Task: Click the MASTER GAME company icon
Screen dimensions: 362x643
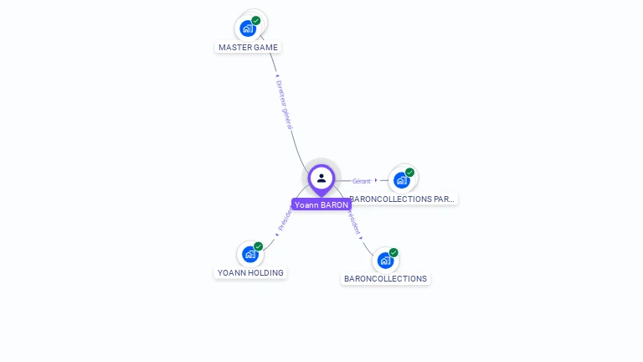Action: coord(248,28)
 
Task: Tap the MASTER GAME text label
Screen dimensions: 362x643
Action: coord(248,48)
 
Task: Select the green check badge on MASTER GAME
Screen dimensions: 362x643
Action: coord(256,20)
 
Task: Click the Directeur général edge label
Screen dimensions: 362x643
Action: coord(285,104)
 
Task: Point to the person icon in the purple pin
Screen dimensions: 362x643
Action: coord(321,178)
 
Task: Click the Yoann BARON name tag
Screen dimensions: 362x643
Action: coord(321,204)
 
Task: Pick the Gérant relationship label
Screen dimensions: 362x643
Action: coord(361,181)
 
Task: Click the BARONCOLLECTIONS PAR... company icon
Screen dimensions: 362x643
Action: coord(402,180)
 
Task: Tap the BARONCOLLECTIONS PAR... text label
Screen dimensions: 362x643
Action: coord(403,199)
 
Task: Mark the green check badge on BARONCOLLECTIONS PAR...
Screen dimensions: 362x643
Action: coord(409,172)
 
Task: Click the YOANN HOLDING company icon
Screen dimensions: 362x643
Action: coord(249,254)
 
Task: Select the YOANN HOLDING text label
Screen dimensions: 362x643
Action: coord(250,272)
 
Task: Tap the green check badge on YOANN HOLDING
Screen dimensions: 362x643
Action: coord(258,246)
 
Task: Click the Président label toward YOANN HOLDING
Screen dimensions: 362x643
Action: coord(285,219)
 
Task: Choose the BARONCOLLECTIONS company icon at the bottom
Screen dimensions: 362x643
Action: coord(385,260)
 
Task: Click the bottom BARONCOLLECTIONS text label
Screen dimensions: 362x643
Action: coord(385,278)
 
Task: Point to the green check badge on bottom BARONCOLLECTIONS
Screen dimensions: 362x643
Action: coord(394,252)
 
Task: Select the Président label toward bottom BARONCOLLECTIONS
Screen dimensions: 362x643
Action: coord(353,220)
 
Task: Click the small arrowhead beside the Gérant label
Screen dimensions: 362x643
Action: coord(376,180)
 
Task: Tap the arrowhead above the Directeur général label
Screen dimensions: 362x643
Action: coord(277,76)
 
